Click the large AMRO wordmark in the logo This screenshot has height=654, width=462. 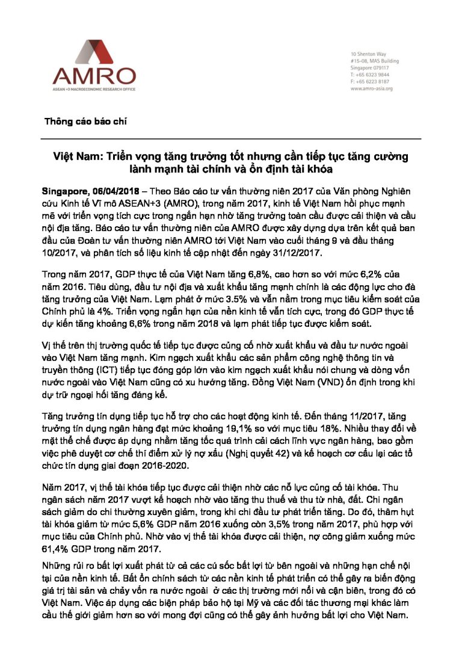tap(93, 76)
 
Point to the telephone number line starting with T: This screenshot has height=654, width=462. tap(369, 75)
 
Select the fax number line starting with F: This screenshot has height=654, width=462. tap(369, 82)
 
